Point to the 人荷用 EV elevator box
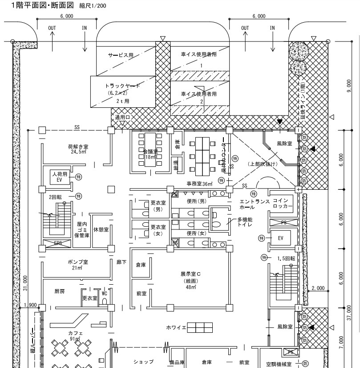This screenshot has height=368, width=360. pos(59,176)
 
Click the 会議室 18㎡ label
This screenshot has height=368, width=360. pos(150,154)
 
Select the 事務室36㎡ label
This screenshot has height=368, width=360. pos(199,184)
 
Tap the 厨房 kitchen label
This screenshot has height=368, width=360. pos(60,291)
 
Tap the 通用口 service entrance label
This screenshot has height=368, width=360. pos(122,117)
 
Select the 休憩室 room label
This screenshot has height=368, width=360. pos(101,228)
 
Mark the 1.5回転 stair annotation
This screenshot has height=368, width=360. pos(287,258)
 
